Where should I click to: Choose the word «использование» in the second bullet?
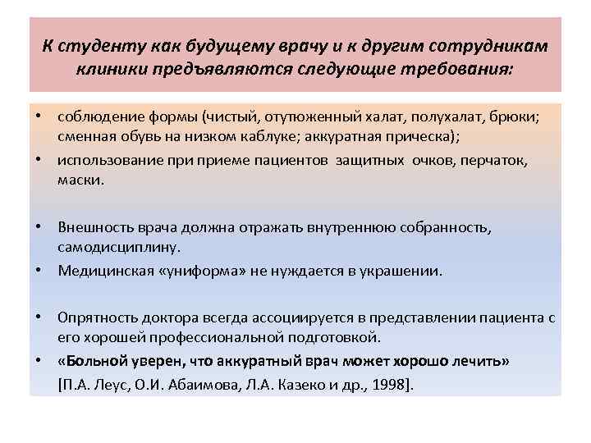(103, 162)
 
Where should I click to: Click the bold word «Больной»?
(91, 361)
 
